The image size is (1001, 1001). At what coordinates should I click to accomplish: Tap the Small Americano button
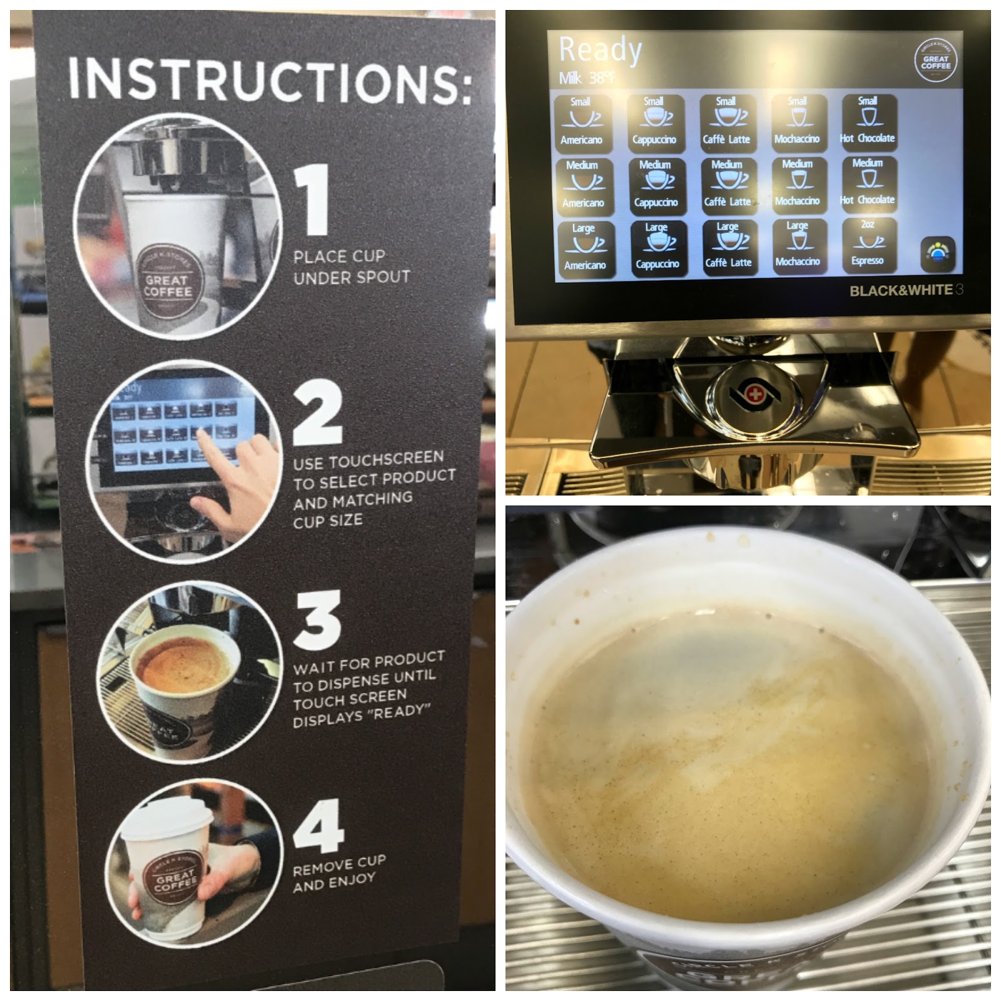pyautogui.click(x=581, y=123)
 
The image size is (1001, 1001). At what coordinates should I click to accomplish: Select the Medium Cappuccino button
pyautogui.click(x=656, y=185)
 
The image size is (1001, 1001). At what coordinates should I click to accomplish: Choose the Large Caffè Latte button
pyautogui.click(x=728, y=247)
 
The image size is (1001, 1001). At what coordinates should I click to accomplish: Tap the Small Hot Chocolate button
pyautogui.click(x=867, y=121)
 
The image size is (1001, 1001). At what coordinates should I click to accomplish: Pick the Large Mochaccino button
pyautogui.click(x=798, y=246)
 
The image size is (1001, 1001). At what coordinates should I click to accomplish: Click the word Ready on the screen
pyautogui.click(x=600, y=50)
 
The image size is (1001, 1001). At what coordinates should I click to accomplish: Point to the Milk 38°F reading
pyautogui.click(x=587, y=78)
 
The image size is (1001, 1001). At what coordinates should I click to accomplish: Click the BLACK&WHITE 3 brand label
pyautogui.click(x=905, y=290)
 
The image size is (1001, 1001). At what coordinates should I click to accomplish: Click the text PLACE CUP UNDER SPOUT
pyautogui.click(x=352, y=267)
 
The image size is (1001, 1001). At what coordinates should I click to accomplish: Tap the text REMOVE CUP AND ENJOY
pyautogui.click(x=338, y=873)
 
